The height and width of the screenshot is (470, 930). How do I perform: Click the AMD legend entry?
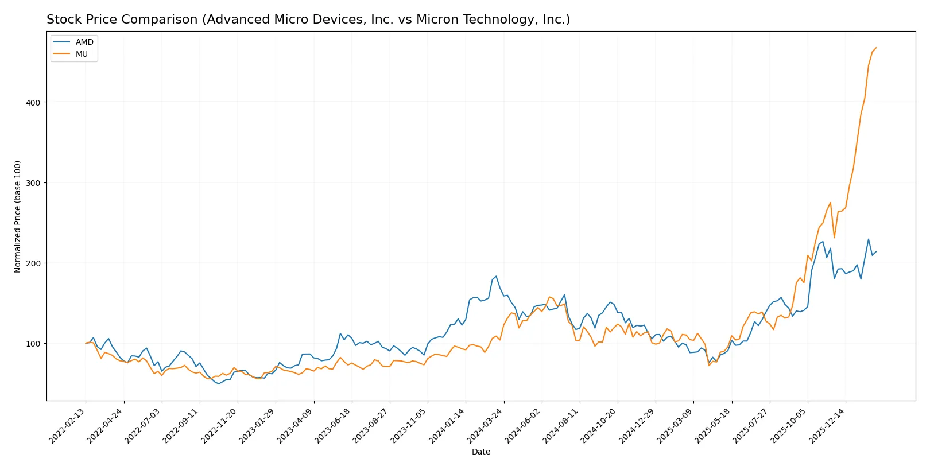click(x=84, y=42)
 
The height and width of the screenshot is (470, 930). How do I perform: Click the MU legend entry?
click(x=82, y=54)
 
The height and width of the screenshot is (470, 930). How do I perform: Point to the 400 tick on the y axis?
click(x=33, y=102)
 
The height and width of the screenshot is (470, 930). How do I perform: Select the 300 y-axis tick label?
click(x=33, y=182)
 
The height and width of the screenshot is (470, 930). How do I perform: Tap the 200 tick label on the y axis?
click(x=33, y=263)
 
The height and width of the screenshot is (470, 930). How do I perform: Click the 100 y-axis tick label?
click(x=33, y=343)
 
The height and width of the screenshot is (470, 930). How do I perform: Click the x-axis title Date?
click(x=480, y=452)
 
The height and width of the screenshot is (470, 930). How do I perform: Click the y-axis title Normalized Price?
click(x=18, y=216)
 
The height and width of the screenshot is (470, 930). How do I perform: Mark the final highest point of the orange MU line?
click(x=876, y=48)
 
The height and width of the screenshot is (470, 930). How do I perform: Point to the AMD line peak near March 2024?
click(x=496, y=276)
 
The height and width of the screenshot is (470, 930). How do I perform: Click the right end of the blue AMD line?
click(x=876, y=251)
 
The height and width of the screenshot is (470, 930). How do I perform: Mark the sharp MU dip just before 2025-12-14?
click(x=834, y=238)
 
